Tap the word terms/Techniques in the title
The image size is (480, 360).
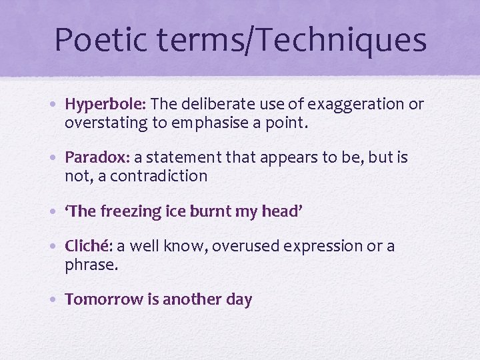(x=290, y=39)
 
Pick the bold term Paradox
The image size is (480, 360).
(x=97, y=158)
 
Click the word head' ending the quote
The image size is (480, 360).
(x=285, y=211)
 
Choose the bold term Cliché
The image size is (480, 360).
(x=89, y=247)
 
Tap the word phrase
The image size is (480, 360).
(x=91, y=265)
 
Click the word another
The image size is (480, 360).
(x=192, y=300)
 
